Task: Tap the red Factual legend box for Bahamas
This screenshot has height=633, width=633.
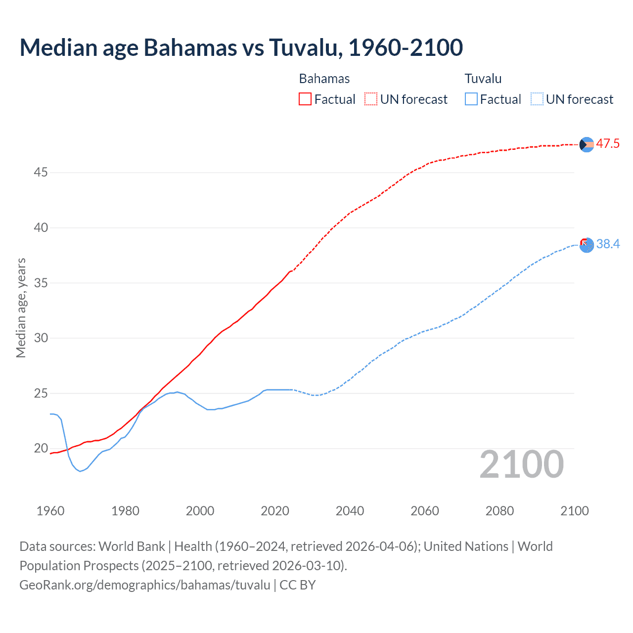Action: pyautogui.click(x=305, y=99)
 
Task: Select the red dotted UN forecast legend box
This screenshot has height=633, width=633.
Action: pyautogui.click(x=371, y=99)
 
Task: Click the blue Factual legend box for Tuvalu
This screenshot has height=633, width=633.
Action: pyautogui.click(x=471, y=99)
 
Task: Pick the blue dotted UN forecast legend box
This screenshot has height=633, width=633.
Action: pyautogui.click(x=537, y=99)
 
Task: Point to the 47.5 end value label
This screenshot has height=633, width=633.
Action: pyautogui.click(x=608, y=144)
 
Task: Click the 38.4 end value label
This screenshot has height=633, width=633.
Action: pyautogui.click(x=608, y=244)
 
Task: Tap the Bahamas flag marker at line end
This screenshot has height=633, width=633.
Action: pyautogui.click(x=587, y=144)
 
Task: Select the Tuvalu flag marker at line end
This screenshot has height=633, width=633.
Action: pyautogui.click(x=587, y=245)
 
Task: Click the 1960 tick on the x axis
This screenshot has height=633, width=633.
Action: pyautogui.click(x=50, y=511)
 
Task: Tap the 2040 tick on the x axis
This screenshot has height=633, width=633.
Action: pyautogui.click(x=350, y=511)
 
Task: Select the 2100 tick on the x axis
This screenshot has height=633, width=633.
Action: pyautogui.click(x=575, y=511)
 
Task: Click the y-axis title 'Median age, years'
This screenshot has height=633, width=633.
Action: pyautogui.click(x=21, y=308)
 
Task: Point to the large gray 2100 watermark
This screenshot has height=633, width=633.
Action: pyautogui.click(x=522, y=464)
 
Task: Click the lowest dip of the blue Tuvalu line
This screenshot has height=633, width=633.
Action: pyautogui.click(x=80, y=471)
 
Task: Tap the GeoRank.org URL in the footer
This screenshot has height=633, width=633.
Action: pyautogui.click(x=145, y=585)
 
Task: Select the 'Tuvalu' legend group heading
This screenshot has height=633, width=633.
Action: pyautogui.click(x=483, y=79)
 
